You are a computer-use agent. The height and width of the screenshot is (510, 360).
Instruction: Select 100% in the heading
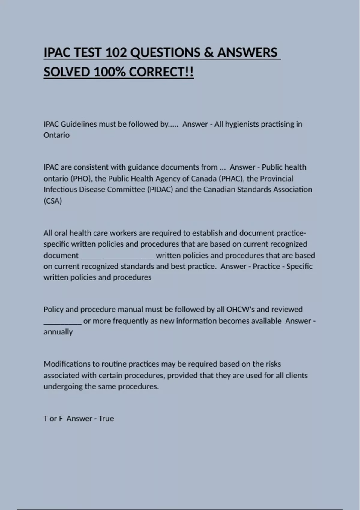point(109,72)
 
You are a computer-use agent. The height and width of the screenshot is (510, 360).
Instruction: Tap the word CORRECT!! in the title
point(161,72)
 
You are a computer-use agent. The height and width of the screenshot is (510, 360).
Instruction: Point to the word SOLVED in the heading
point(67,72)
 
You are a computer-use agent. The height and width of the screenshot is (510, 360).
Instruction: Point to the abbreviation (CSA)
point(53,201)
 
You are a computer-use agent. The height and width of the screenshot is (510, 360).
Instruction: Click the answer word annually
point(58,332)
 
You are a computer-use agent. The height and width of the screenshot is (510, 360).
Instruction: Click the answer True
point(106,418)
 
